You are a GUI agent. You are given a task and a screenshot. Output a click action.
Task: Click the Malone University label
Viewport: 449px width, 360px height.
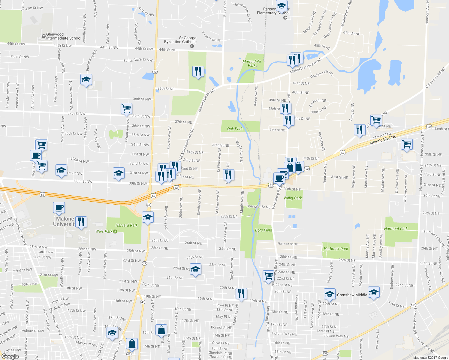[65, 221]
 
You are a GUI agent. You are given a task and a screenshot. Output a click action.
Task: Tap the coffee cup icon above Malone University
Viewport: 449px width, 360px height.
[59, 208]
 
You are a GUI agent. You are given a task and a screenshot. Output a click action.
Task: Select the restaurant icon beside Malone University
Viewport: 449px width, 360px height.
[81, 222]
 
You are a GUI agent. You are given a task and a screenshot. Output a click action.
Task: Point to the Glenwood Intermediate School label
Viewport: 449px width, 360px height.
[63, 36]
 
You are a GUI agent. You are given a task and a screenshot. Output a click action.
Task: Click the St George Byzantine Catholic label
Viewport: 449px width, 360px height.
[180, 40]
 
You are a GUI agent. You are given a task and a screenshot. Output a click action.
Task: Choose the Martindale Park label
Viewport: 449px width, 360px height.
[252, 63]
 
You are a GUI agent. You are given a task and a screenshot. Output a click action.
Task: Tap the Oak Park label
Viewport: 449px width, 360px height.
[235, 129]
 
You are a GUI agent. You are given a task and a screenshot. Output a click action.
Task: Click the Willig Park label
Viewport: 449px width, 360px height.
[293, 198]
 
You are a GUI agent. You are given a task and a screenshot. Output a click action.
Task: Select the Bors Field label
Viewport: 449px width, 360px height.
[264, 230]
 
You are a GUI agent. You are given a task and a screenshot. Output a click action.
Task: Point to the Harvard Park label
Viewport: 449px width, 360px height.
[126, 225]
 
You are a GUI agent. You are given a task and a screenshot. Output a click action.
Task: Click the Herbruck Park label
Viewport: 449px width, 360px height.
[336, 249]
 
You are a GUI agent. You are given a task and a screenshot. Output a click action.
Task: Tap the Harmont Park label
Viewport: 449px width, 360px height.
[396, 229]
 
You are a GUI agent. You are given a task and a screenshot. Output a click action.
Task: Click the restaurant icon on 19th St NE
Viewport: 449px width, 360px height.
[241, 293]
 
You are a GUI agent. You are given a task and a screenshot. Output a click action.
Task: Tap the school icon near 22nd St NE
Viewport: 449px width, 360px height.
[195, 269]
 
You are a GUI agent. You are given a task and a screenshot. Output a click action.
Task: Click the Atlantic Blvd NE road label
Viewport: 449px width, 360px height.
[383, 139]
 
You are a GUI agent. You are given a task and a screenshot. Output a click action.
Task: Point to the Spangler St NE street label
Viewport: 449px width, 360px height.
[258, 207]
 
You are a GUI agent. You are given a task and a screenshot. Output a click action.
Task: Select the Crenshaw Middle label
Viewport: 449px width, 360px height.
[352, 295]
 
